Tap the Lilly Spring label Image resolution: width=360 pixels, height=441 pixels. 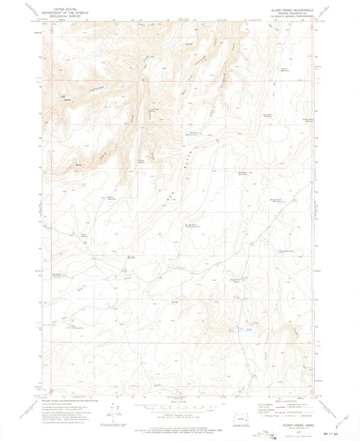coord(65,100)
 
